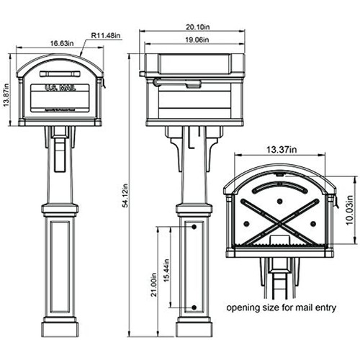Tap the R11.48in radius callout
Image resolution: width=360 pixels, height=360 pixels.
pos(106,34)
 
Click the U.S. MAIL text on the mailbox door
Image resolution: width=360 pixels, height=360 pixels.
pos(58,89)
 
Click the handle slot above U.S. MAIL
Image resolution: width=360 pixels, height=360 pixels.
pos(58,73)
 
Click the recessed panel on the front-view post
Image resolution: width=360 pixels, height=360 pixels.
pos(60,270)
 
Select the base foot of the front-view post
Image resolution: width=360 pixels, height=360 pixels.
pos(60,330)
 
